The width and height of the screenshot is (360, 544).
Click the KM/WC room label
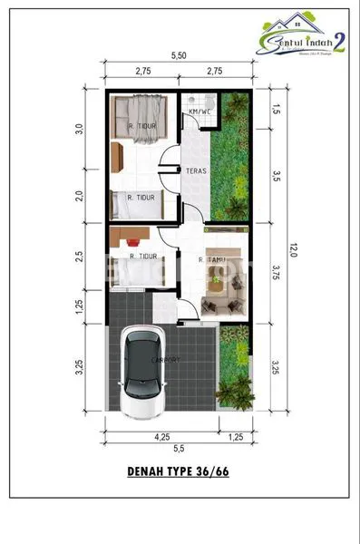coord(199,112)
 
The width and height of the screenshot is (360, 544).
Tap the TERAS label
coord(193,170)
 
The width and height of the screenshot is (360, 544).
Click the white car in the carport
coord(148,373)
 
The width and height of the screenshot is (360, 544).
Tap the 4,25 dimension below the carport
coord(161,437)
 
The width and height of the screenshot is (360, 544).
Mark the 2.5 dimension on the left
coord(80,257)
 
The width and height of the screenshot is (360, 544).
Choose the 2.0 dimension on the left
coord(80,195)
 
